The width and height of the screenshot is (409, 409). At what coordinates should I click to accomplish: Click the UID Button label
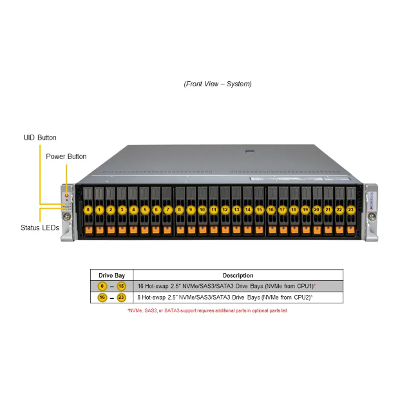click(x=40, y=138)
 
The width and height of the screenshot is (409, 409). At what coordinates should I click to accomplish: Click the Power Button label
click(x=66, y=157)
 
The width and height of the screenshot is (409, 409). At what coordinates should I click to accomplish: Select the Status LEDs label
click(x=40, y=228)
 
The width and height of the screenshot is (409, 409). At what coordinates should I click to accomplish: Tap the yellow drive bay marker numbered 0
click(x=88, y=209)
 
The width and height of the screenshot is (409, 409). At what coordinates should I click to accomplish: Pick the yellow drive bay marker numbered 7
click(x=167, y=209)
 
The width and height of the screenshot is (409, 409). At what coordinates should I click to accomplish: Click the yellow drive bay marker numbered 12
click(x=225, y=209)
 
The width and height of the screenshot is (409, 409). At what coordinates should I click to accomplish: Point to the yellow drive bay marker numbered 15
click(x=259, y=209)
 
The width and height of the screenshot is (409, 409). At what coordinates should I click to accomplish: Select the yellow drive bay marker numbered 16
click(x=271, y=209)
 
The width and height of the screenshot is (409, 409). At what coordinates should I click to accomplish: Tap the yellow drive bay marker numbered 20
click(x=316, y=209)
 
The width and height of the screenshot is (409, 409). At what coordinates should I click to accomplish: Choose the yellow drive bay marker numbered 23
click(x=351, y=209)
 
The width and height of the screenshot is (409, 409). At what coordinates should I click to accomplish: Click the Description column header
click(x=238, y=275)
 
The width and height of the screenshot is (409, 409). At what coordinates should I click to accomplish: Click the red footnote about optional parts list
click(x=207, y=310)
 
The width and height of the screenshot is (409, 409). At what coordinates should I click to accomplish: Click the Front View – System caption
click(x=218, y=84)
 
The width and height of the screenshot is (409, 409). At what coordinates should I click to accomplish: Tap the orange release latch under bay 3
click(x=122, y=229)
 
